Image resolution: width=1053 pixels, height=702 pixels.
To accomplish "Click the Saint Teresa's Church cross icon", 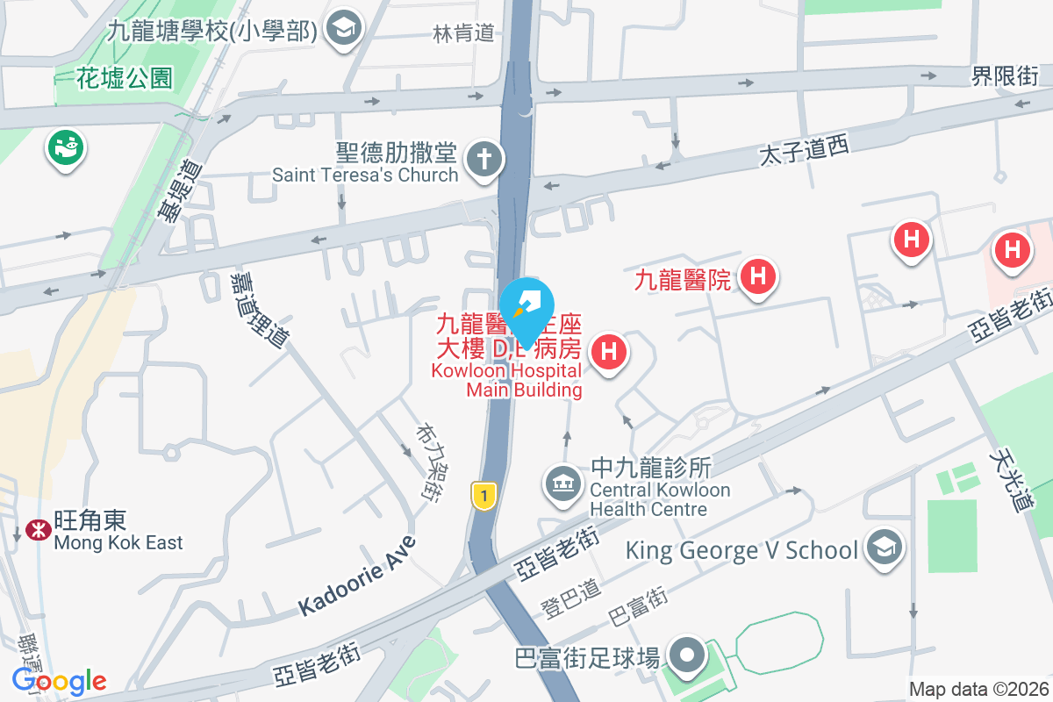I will [482, 160].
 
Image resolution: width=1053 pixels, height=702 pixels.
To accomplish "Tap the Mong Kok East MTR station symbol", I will [37, 530].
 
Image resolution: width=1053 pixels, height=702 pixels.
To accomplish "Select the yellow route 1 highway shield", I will [481, 495].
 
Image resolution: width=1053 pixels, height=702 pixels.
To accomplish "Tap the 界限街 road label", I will [1004, 76].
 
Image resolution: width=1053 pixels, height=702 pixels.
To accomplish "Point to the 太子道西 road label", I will [805, 155].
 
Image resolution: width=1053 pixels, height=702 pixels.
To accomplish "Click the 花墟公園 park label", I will [125, 78].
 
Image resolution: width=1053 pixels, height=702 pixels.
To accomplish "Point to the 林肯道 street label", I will [464, 33].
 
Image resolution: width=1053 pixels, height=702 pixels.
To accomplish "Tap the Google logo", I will [59, 680].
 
